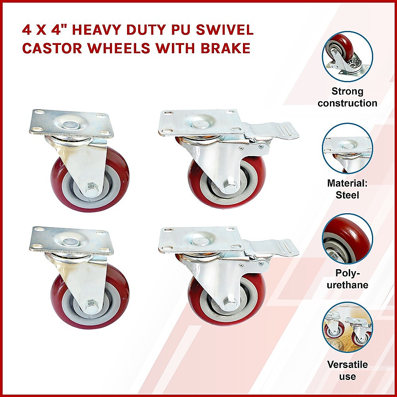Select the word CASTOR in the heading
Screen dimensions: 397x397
pos(52,48)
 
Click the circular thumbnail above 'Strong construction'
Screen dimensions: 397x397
pos(347,56)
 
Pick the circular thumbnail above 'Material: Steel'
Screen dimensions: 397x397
pos(347,148)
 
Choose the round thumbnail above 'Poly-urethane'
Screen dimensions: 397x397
pos(347,239)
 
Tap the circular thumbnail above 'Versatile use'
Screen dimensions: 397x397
pos(347,328)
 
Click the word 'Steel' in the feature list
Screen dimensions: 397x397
pos(347,195)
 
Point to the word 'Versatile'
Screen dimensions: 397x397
pos(347,364)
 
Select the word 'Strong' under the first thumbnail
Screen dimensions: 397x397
pos(347,91)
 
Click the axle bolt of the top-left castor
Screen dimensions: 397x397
pos(91,188)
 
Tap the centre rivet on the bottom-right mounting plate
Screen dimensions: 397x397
pos(200,241)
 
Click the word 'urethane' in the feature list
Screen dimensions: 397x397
pos(347,285)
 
